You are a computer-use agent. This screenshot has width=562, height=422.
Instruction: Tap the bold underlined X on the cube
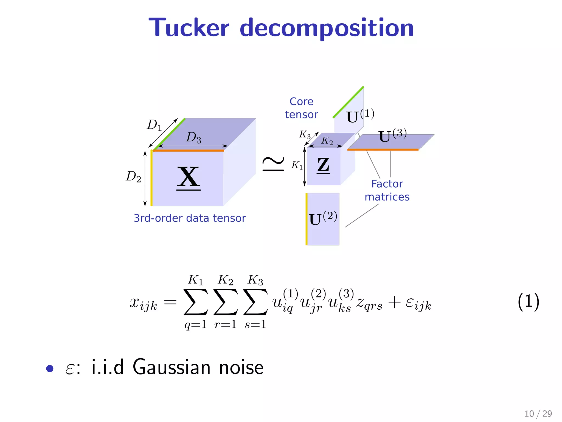coord(189,177)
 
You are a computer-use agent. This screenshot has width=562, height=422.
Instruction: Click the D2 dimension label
coord(133,177)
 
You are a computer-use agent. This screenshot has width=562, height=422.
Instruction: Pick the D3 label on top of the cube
coord(194,137)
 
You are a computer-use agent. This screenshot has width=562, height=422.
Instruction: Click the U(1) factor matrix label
coord(359,116)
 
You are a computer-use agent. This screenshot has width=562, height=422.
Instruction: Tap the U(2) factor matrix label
coord(322,218)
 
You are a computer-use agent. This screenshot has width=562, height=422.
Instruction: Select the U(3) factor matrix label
coord(392,135)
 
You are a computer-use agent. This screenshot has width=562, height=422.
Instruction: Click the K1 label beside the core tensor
coord(297,165)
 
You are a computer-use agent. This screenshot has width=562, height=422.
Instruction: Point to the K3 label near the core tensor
coord(305,135)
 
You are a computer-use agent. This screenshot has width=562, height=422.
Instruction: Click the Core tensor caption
coord(301,108)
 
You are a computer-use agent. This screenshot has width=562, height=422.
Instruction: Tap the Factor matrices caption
coord(387,190)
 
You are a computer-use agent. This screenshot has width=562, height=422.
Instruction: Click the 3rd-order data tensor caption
coord(190,218)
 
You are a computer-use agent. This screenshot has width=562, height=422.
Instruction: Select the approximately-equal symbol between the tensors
coord(273,164)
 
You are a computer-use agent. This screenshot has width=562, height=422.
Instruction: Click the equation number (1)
coord(528,301)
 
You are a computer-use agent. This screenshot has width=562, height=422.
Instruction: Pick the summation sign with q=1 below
coord(196,302)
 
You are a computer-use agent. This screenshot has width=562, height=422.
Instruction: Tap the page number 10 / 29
coord(538,413)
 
